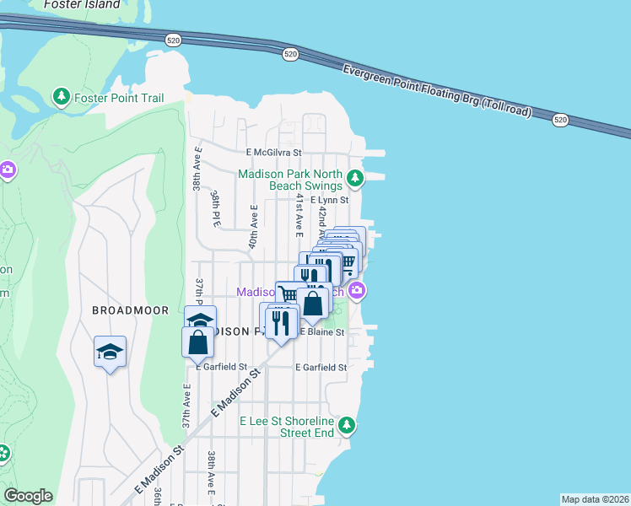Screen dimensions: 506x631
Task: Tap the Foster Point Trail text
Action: (119, 98)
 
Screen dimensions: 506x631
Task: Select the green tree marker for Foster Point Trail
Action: (62, 97)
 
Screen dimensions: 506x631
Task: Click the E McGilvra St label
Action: (274, 153)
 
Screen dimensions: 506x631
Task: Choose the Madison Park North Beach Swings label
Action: (290, 180)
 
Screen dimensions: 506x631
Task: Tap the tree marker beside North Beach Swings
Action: (356, 179)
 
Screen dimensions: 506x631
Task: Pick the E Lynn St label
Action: (329, 201)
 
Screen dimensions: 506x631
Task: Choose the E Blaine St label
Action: (322, 332)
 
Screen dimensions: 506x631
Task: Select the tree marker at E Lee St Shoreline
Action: (345, 424)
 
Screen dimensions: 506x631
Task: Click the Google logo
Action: (28, 497)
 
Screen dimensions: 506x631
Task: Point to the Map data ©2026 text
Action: (595, 499)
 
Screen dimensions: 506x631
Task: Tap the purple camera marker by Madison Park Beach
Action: (358, 292)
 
